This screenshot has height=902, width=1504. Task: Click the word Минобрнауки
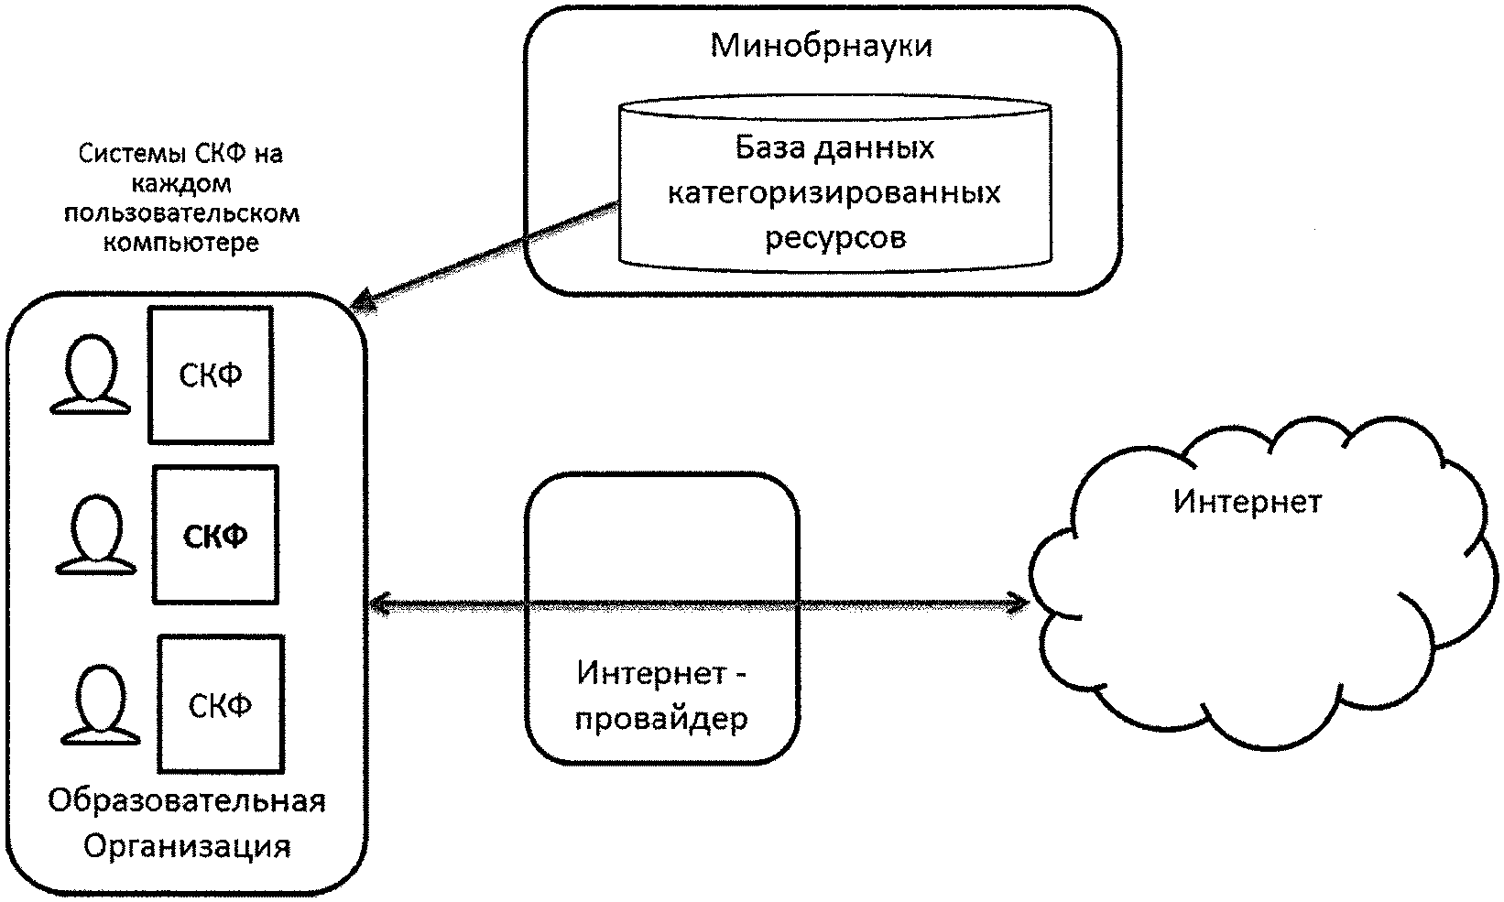coord(821,45)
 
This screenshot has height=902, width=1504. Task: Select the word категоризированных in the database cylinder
coord(834,193)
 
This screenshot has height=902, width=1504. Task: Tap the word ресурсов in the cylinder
coord(834,238)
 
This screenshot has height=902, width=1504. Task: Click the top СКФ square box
coord(211,375)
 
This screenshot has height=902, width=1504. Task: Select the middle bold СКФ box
coord(215,536)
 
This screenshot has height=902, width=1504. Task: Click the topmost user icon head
coord(90,364)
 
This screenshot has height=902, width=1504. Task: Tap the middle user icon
coord(96,536)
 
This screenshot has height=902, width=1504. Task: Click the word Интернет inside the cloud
coord(1248,502)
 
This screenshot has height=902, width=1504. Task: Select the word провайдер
coord(661,718)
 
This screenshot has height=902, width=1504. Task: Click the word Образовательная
coord(187,800)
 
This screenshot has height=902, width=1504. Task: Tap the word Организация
coord(187,845)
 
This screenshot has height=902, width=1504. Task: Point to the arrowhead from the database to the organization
coord(363,303)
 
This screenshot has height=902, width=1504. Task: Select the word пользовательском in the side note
coord(180,214)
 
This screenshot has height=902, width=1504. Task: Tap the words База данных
coord(834,147)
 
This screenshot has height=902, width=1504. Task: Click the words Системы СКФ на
coord(180,154)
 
